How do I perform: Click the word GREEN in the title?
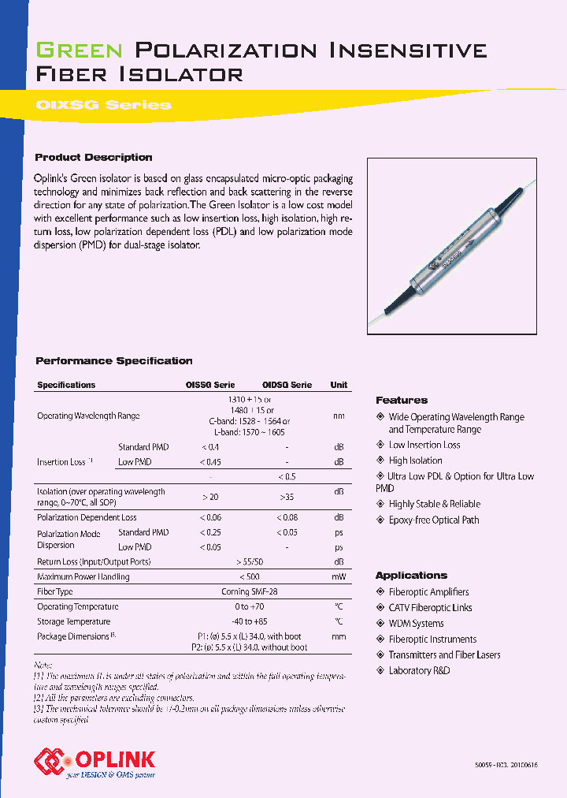pyautogui.click(x=80, y=51)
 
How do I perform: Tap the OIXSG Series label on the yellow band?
pyautogui.click(x=103, y=105)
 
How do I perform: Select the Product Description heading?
pyautogui.click(x=94, y=158)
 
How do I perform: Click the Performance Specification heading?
pyautogui.click(x=114, y=361)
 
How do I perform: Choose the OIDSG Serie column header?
pyautogui.click(x=287, y=385)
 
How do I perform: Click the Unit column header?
pyautogui.click(x=339, y=385)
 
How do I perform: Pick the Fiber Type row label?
pyautogui.click(x=55, y=591)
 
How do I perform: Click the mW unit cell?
pyautogui.click(x=339, y=576)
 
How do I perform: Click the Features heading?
pyautogui.click(x=402, y=401)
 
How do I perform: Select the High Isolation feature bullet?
pyautogui.click(x=415, y=461)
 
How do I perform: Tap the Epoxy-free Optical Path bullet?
pyautogui.click(x=433, y=520)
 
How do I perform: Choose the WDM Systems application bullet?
pyautogui.click(x=416, y=623)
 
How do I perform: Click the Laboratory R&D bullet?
pyautogui.click(x=419, y=670)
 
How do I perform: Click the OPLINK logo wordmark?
pyautogui.click(x=115, y=759)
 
